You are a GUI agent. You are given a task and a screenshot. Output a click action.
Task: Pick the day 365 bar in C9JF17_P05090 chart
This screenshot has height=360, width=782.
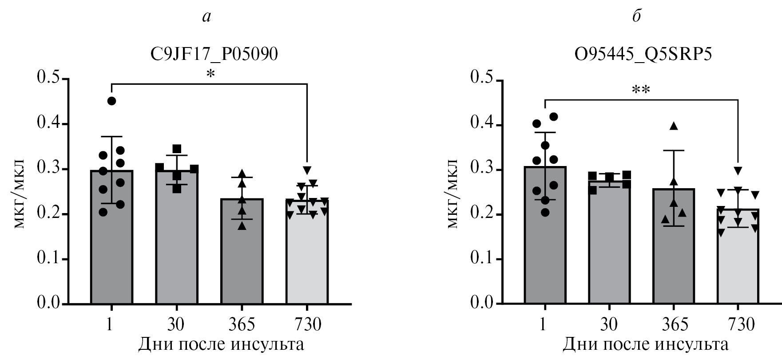pos(242,262)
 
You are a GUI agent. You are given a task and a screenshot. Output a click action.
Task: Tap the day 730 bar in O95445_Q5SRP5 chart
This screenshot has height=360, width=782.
pos(738,266)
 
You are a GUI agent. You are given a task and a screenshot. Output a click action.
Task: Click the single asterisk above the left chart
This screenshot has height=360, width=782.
pos(210,74)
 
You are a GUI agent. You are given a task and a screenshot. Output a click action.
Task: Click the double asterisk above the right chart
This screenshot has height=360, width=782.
pos(641,90)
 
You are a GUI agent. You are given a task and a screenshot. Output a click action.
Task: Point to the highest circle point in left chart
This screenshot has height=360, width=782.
pos(111,101)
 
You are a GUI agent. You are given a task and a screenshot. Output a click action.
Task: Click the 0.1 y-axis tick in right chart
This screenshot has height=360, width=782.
pos(482,259)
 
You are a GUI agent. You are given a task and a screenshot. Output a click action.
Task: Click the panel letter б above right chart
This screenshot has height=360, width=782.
pos(637,16)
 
